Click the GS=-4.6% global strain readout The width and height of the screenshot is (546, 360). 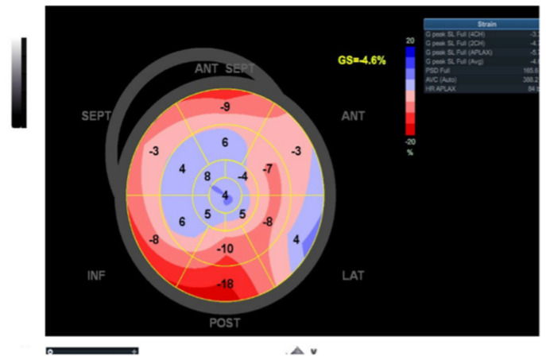pyautogui.click(x=362, y=60)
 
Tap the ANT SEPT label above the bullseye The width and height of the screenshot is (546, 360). pyautogui.click(x=225, y=69)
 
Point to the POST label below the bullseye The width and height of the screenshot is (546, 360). pyautogui.click(x=225, y=323)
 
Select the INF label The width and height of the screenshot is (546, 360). pyautogui.click(x=96, y=276)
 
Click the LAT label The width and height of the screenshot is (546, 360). pyautogui.click(x=354, y=276)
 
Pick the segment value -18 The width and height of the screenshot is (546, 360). pyautogui.click(x=226, y=285)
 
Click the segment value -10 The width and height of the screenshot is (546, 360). pyautogui.click(x=226, y=250)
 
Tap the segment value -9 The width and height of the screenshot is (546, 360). pyautogui.click(x=226, y=106)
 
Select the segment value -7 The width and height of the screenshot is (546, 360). pyautogui.click(x=269, y=168)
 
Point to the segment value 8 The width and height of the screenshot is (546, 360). pyautogui.click(x=207, y=176)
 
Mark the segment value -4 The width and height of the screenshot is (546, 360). pyautogui.click(x=242, y=176)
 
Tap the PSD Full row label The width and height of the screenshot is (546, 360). pyautogui.click(x=437, y=70)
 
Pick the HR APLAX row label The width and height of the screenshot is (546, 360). pyautogui.click(x=440, y=88)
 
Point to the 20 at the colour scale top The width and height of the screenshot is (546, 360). pyautogui.click(x=410, y=40)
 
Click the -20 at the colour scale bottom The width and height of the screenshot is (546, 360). pyautogui.click(x=410, y=141)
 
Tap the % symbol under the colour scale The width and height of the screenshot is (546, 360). pyautogui.click(x=410, y=152)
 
